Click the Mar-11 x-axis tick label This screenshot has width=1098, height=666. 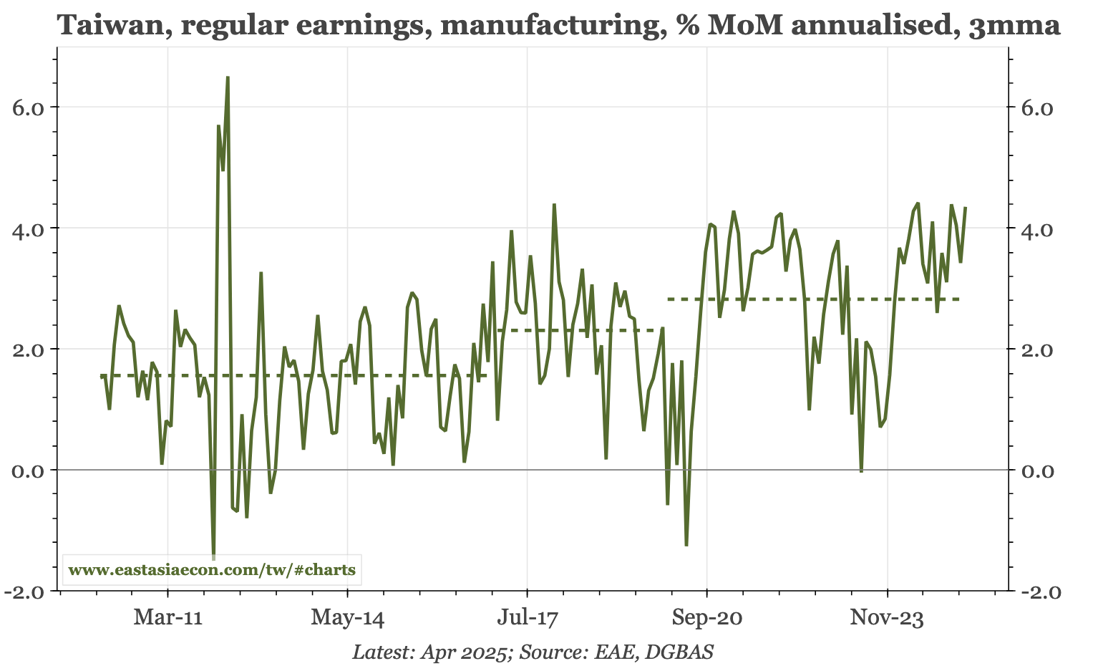click(x=167, y=617)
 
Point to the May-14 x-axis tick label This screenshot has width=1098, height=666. click(x=347, y=617)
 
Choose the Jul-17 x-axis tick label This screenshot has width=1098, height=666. click(x=527, y=617)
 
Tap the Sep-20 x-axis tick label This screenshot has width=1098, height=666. click(x=706, y=617)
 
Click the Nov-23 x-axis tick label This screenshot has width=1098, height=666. click(x=887, y=617)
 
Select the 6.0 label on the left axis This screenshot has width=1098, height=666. click(x=29, y=107)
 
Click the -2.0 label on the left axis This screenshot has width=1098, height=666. click(x=25, y=592)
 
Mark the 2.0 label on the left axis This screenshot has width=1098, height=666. click(x=29, y=349)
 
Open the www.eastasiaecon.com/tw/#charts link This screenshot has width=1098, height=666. click(x=212, y=570)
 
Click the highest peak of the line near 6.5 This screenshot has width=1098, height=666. click(x=228, y=77)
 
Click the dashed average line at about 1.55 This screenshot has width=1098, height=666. click(x=286, y=375)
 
